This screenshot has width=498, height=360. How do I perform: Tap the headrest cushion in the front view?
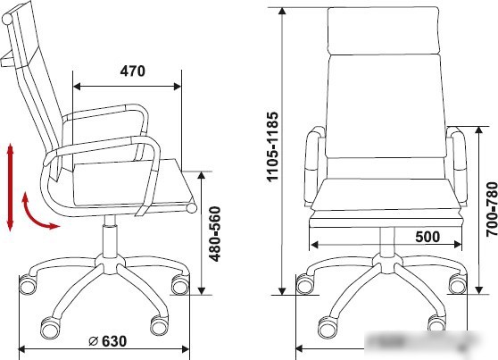tap(386, 29)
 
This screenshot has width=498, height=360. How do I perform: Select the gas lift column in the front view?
tap(386, 241)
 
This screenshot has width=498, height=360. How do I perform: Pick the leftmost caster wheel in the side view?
tap(28, 285)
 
